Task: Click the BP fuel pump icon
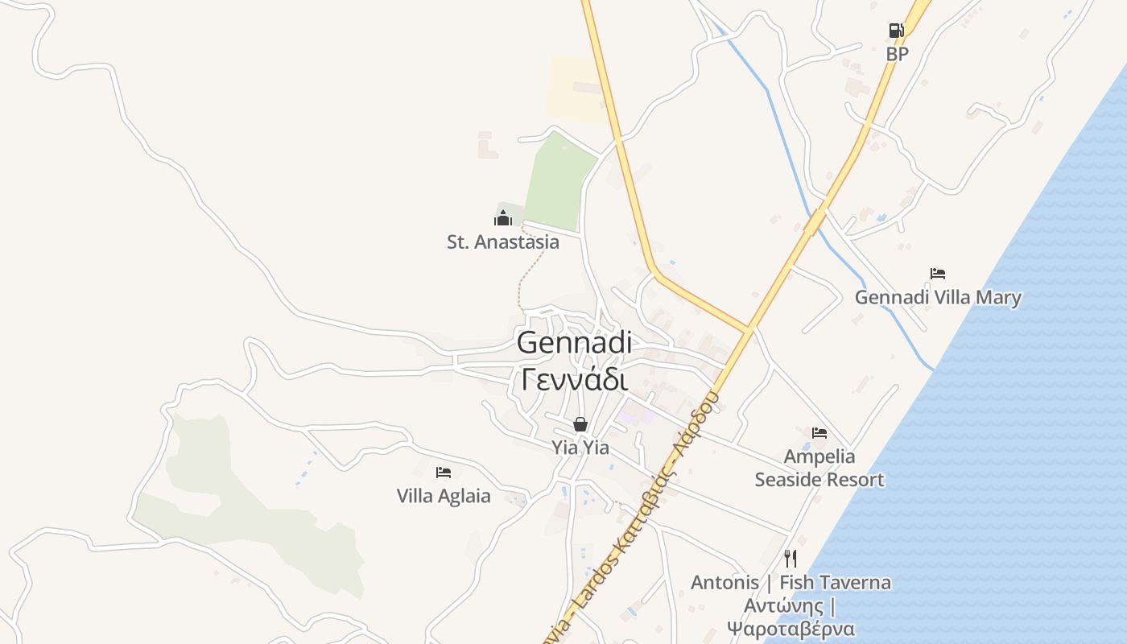tap(896, 31)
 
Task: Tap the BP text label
tap(897, 54)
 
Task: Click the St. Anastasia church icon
tap(503, 217)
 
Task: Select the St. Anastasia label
tap(502, 242)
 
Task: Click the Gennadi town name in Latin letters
tap(574, 343)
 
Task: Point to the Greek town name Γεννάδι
tap(574, 379)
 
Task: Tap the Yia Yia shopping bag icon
tap(580, 424)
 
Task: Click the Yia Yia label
tap(580, 448)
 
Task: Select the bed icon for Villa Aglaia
tap(443, 473)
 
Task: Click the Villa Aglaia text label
tap(444, 496)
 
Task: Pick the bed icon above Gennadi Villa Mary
tap(937, 274)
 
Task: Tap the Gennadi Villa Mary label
tap(938, 298)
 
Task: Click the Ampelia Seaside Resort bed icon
tap(819, 433)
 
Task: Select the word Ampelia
tap(819, 456)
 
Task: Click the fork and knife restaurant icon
tap(791, 558)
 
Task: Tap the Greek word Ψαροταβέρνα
tap(791, 628)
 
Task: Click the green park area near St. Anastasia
tap(559, 182)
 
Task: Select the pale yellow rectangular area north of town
tap(575, 88)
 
